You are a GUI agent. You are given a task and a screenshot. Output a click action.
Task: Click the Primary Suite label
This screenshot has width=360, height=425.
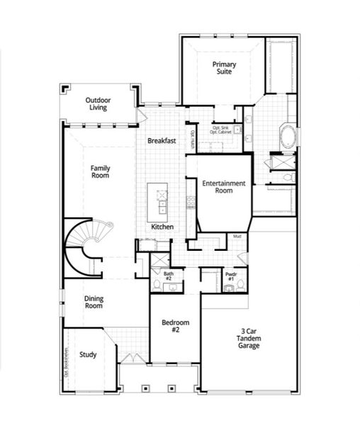(x=224, y=68)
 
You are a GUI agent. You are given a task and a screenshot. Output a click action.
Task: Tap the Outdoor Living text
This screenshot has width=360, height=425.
(x=98, y=104)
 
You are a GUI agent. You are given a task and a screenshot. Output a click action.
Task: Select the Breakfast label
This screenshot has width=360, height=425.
(x=162, y=141)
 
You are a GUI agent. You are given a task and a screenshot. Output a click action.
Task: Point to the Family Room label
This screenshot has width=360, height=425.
(x=100, y=171)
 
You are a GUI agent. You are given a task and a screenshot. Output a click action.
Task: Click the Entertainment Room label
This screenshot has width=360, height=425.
(x=223, y=187)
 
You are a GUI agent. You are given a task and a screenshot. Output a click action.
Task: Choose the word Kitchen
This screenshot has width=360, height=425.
(x=162, y=227)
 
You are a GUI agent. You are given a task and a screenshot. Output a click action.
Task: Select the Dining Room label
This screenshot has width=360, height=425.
(x=94, y=302)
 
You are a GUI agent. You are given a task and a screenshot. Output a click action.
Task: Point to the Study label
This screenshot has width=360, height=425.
(x=88, y=355)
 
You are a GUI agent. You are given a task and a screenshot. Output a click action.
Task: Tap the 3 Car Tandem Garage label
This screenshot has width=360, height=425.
(x=249, y=339)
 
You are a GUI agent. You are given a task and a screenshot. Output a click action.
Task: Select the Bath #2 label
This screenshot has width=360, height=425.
(x=169, y=276)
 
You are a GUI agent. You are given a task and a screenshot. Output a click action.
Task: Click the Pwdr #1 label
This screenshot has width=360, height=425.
(x=230, y=276)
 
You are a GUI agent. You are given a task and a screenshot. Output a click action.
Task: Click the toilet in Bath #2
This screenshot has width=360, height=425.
(x=157, y=284)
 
